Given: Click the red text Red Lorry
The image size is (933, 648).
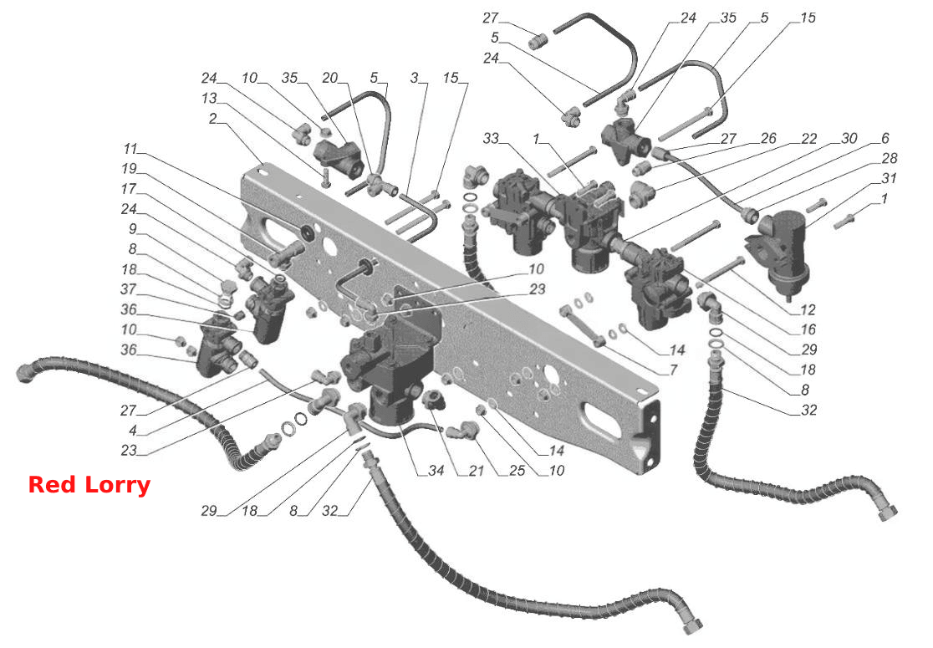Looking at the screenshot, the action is pyautogui.click(x=89, y=485).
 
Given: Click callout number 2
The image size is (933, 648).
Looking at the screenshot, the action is pyautogui.click(x=212, y=119).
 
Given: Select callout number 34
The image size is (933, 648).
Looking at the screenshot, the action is pyautogui.click(x=436, y=470).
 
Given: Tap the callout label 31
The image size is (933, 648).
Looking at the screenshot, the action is pyautogui.click(x=889, y=178).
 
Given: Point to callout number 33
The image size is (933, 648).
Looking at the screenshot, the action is pyautogui.click(x=490, y=139).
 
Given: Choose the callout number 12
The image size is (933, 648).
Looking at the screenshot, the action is pyautogui.click(x=808, y=309).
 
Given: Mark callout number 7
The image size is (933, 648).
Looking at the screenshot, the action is pyautogui.click(x=673, y=370).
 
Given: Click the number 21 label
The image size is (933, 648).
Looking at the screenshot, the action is pyautogui.click(x=476, y=470).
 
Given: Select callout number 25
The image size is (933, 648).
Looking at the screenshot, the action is pyautogui.click(x=517, y=470).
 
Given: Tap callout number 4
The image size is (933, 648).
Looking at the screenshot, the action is pyautogui.click(x=132, y=430).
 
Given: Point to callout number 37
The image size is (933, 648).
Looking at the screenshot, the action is pyautogui.click(x=129, y=289).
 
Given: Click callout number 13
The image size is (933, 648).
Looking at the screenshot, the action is pyautogui.click(x=209, y=98).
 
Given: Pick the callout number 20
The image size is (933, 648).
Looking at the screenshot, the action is pyautogui.click(x=329, y=78).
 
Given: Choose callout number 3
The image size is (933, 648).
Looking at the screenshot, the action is pyautogui.click(x=414, y=78).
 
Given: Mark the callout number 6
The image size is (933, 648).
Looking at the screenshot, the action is pyautogui.click(x=885, y=138).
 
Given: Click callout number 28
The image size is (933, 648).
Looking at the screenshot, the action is pyautogui.click(x=889, y=158).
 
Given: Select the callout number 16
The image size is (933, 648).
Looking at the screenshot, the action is pyautogui.click(x=808, y=329).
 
